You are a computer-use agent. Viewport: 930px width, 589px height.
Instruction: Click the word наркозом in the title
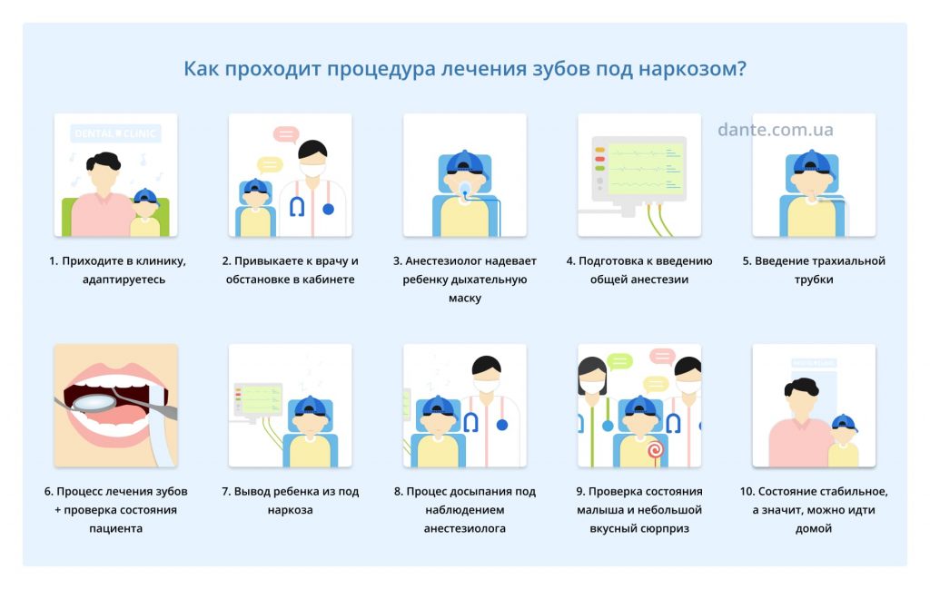pos(691,69)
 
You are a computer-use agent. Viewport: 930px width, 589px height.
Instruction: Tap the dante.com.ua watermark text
pos(776,129)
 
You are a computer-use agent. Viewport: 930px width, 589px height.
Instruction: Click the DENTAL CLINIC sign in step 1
pos(115,133)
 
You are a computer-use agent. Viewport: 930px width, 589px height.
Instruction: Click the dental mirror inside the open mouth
pos(94,402)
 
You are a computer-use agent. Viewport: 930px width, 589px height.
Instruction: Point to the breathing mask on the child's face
pos(465,189)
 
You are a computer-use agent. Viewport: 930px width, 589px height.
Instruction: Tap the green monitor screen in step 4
pos(646,169)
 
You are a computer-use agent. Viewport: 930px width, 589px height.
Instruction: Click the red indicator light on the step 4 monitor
pos(599,159)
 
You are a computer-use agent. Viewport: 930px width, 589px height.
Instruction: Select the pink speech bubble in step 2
pos(286,134)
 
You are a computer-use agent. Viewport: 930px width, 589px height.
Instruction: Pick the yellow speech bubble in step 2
pos(270,164)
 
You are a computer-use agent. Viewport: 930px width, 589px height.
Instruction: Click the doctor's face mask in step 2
pos(312,170)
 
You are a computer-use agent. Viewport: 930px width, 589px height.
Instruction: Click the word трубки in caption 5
pos(814,280)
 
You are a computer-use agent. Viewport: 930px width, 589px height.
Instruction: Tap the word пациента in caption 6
pos(115,528)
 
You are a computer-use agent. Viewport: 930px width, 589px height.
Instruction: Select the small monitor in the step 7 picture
pos(258,400)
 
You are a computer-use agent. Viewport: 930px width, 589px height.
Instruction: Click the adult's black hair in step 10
pos(801,387)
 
